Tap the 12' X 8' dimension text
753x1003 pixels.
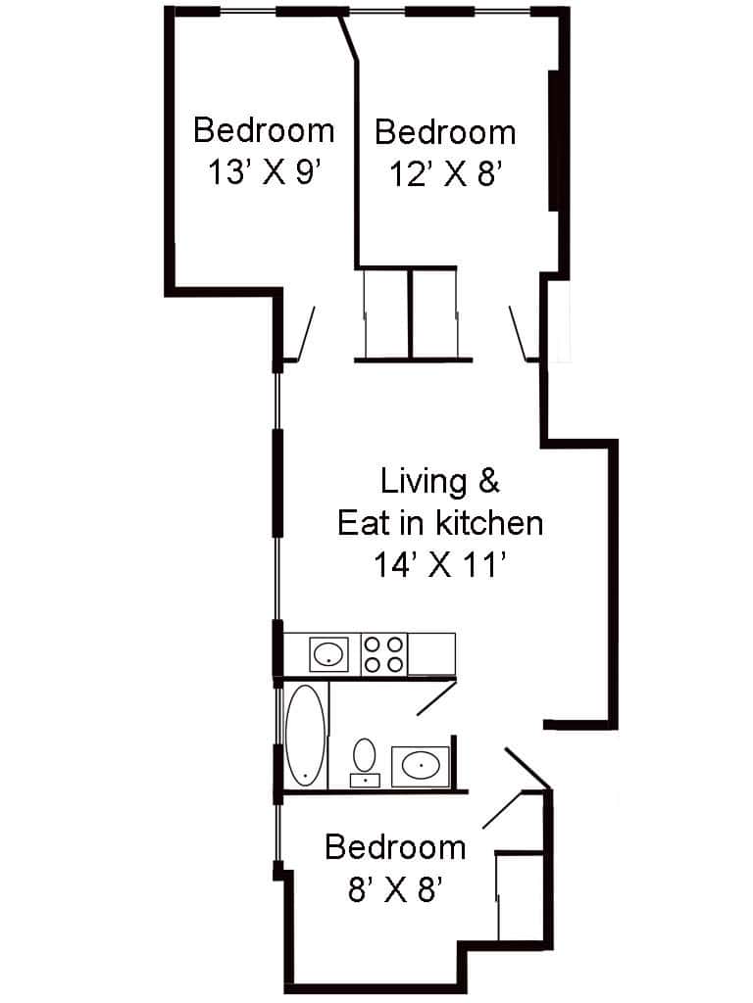click(446, 175)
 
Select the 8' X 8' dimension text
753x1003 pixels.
click(396, 889)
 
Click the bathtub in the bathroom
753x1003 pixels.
click(306, 736)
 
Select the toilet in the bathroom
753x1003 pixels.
click(366, 760)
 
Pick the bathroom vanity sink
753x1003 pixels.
click(422, 765)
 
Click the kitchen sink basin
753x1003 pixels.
click(328, 653)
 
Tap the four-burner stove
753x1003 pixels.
click(384, 653)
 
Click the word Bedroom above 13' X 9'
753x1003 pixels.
click(264, 129)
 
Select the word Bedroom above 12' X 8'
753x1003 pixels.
click(445, 131)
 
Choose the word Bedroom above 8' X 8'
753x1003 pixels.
click(395, 846)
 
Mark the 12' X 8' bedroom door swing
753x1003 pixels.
click(519, 334)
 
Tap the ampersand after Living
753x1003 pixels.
click(487, 481)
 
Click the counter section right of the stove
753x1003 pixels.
click(431, 653)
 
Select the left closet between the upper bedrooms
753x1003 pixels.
click(386, 313)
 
